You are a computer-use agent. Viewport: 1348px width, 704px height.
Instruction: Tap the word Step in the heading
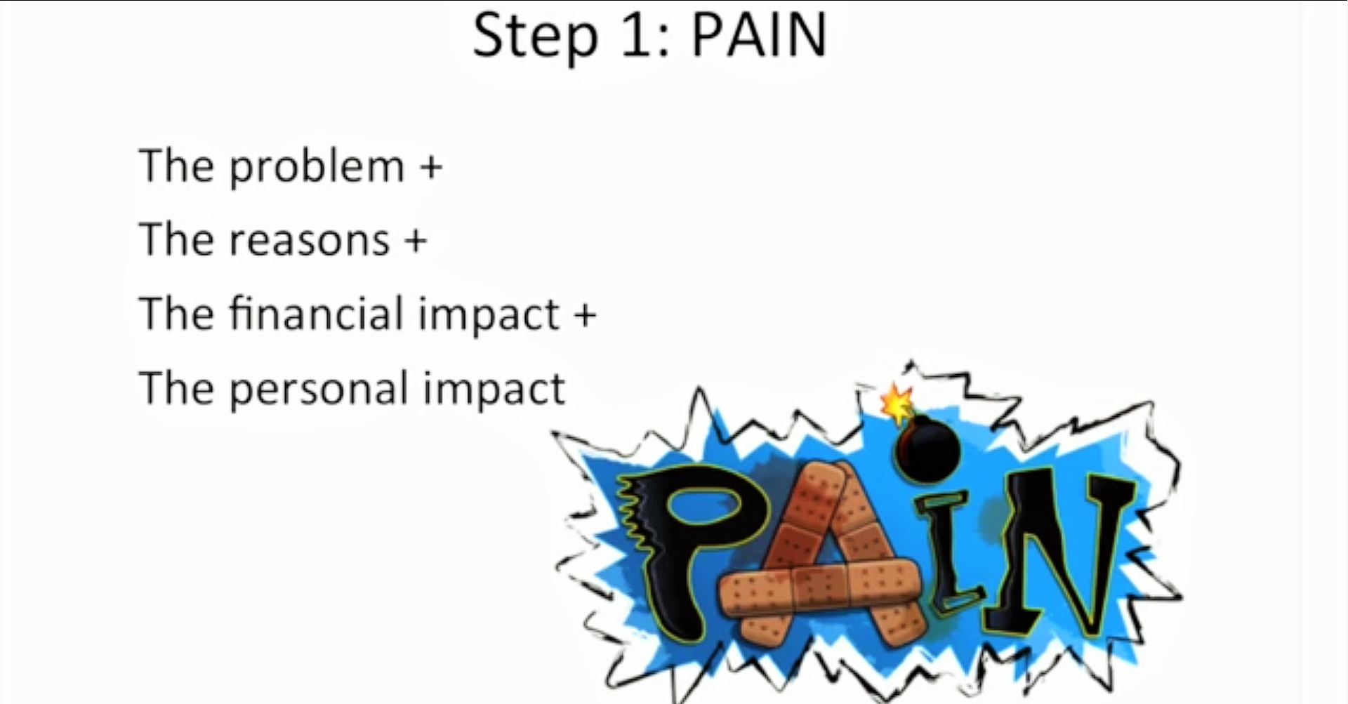(534, 38)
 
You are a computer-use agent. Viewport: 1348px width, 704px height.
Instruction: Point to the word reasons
(310, 241)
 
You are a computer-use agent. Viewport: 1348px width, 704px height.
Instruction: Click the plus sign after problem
(431, 168)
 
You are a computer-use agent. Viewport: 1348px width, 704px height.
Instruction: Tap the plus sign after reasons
(416, 240)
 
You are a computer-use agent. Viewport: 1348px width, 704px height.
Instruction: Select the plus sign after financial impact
(585, 314)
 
